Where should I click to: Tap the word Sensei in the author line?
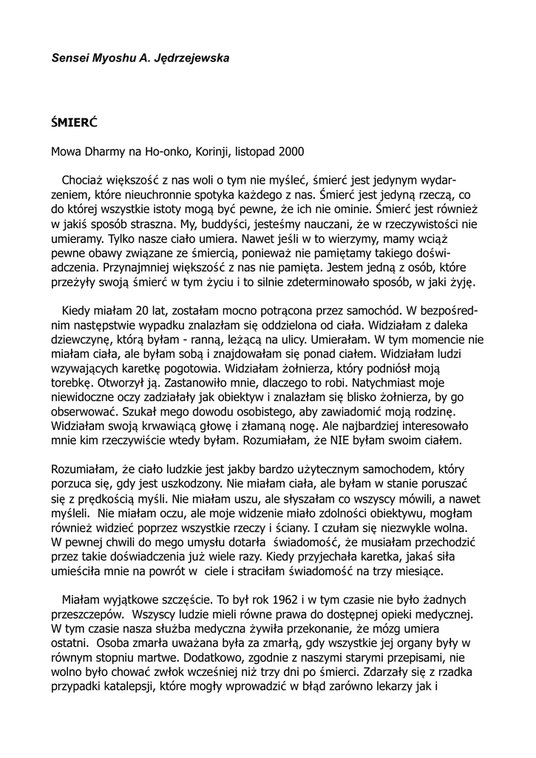(70, 57)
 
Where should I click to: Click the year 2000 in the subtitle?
(291, 152)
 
